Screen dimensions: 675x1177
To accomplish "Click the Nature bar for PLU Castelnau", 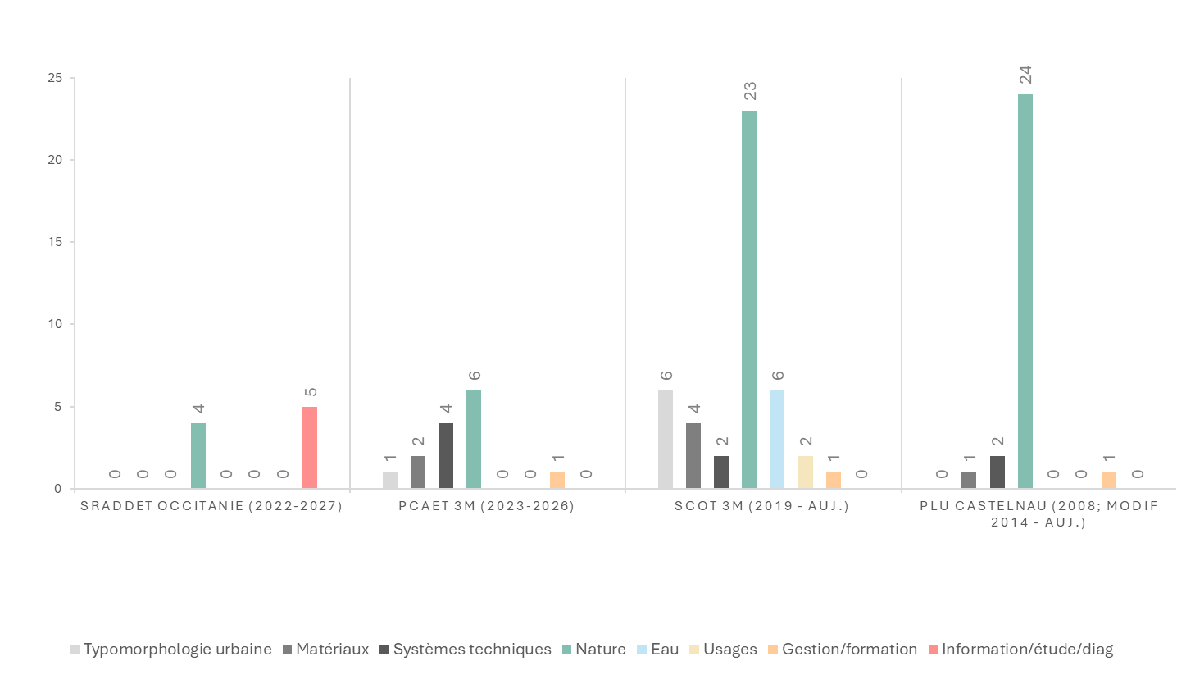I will click(1025, 291).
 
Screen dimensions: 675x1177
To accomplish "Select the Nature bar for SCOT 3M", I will click(749, 299).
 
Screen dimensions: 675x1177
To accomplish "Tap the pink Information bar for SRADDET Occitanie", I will click(310, 448).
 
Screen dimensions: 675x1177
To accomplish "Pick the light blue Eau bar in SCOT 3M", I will click(777, 440).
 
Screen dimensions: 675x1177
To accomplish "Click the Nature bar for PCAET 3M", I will click(474, 440).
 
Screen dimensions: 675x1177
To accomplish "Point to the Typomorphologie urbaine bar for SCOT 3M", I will click(666, 440).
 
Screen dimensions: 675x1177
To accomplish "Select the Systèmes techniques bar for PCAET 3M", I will click(446, 456).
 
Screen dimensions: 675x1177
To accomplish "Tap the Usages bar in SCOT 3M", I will click(805, 472).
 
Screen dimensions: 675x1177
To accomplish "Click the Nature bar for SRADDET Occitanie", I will click(198, 456).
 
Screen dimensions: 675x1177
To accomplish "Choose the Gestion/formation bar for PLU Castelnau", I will click(1108, 481).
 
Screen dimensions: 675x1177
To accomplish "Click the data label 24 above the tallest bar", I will click(1025, 75).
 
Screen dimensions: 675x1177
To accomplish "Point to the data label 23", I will click(749, 91).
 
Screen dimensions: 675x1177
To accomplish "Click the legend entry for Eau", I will click(664, 650).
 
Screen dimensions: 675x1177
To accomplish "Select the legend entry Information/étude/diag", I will click(1027, 650).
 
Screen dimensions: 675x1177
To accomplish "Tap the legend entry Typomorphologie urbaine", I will click(177, 650).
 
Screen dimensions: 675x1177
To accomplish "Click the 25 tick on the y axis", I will click(56, 78).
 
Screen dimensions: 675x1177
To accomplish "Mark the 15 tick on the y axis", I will click(56, 242).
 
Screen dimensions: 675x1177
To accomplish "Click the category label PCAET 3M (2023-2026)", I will click(487, 506).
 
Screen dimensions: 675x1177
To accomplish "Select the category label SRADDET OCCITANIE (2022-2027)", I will click(211, 506).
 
